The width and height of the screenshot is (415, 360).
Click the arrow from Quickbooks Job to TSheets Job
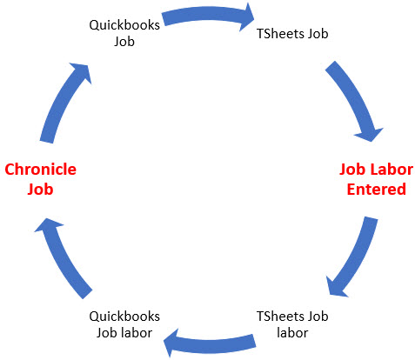[x=208, y=14]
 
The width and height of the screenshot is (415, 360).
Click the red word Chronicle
[x=41, y=170]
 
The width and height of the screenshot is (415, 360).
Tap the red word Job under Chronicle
[x=40, y=190]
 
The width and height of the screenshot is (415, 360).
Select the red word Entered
[x=377, y=190]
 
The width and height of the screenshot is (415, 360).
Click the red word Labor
[x=394, y=170]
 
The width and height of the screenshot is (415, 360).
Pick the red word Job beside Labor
[x=352, y=170]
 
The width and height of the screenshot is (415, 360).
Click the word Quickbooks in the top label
[x=124, y=25]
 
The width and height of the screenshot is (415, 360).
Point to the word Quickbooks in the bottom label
[x=124, y=317]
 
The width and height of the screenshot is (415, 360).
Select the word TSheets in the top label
[x=280, y=34]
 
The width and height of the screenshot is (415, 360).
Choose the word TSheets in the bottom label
[x=280, y=317]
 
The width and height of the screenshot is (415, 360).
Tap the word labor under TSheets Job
[x=292, y=333]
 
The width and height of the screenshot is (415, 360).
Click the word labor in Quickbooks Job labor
[x=137, y=333]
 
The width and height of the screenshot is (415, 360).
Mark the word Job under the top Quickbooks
[x=124, y=42]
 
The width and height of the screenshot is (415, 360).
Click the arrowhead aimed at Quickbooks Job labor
[x=172, y=343]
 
